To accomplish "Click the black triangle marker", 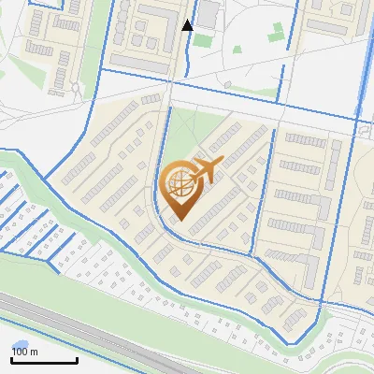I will (187, 25).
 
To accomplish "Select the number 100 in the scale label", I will (20, 352).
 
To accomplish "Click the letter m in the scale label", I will (34, 352).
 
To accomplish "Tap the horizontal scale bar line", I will (44, 360).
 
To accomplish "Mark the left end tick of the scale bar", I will (11, 358).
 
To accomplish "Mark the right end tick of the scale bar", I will (77, 358).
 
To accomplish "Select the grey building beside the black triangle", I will (207, 12).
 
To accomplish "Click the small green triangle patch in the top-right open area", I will (276, 37).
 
